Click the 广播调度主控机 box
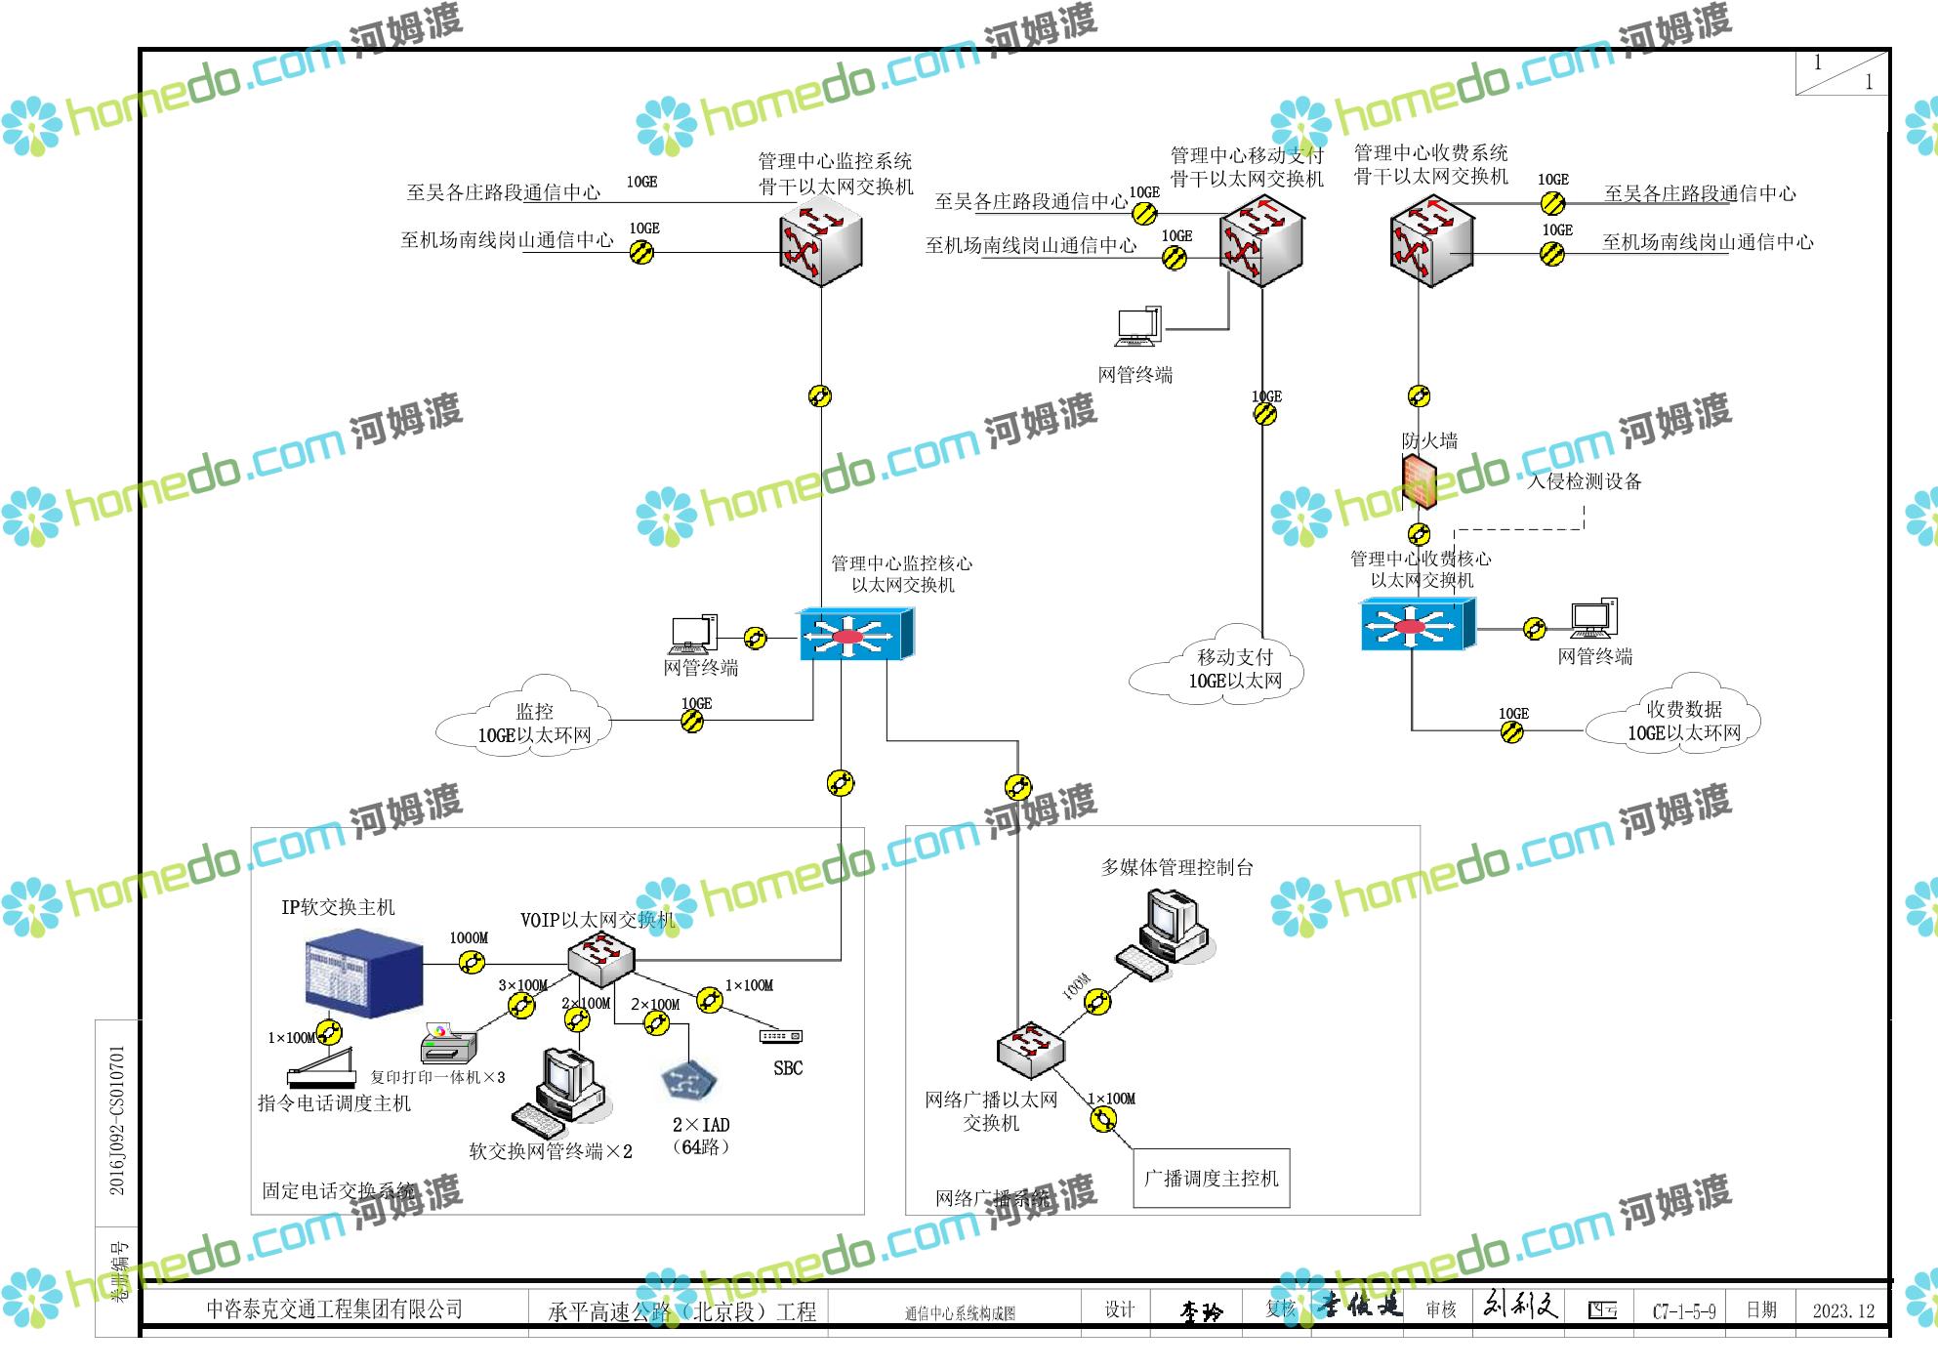pyautogui.click(x=1211, y=1179)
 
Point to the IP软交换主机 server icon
pyautogui.click(x=364, y=974)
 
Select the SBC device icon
pyautogui.click(x=781, y=1036)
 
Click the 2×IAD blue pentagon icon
pyautogui.click(x=688, y=1081)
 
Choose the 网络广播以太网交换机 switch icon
pyautogui.click(x=1030, y=1049)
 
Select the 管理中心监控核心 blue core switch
pyautogui.click(x=856, y=635)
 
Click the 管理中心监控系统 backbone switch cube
pyautogui.click(x=820, y=245)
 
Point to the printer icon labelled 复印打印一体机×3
pyautogui.click(x=448, y=1045)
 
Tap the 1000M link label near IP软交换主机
pyautogui.click(x=469, y=938)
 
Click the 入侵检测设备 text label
pyautogui.click(x=1585, y=481)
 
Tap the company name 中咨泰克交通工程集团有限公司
pyautogui.click(x=334, y=1309)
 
